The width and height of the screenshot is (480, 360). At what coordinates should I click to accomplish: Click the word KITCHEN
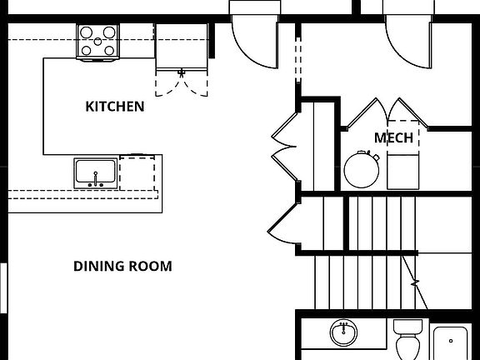(115, 107)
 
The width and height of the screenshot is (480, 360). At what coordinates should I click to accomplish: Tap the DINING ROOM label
(122, 267)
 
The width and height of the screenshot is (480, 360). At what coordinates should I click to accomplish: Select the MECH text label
(393, 137)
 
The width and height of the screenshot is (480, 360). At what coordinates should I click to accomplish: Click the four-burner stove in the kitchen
(98, 42)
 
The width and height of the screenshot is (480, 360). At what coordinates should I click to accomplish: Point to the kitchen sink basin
(96, 173)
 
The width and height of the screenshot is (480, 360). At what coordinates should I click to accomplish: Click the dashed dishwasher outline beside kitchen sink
(137, 173)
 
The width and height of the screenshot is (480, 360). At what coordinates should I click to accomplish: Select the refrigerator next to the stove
(181, 47)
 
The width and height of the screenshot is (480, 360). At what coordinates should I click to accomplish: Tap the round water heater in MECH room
(362, 171)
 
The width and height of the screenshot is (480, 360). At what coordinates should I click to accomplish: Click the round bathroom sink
(342, 333)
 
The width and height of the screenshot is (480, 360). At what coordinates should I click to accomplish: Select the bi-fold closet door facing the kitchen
(283, 142)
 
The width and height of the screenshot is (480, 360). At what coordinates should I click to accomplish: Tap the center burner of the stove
(98, 42)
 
